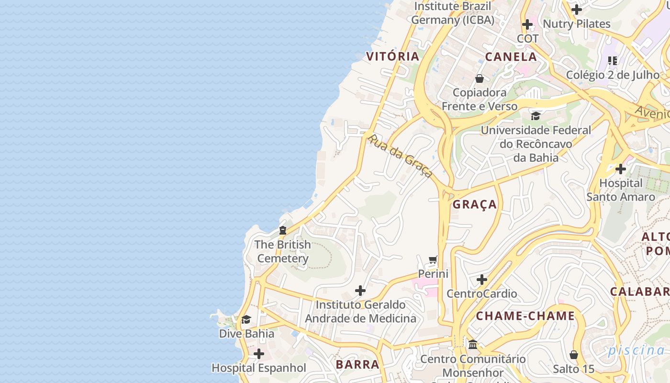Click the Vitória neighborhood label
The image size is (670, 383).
click(392, 56)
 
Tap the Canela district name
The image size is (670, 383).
click(511, 56)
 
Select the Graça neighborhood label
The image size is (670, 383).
click(475, 204)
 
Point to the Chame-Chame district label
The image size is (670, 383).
click(525, 315)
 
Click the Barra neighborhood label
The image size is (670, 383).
click(357, 364)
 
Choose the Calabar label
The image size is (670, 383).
click(639, 292)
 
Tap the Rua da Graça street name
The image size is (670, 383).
click(400, 156)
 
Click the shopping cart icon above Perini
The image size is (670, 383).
click(433, 260)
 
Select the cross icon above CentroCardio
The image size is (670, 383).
click(482, 279)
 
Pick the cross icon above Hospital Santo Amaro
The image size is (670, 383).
click(621, 169)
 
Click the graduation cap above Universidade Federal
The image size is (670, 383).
click(536, 116)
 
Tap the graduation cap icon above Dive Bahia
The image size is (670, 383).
click(246, 319)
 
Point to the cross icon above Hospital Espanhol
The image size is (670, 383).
click(259, 354)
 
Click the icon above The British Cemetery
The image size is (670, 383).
click(283, 230)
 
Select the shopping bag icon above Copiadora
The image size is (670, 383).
click(480, 79)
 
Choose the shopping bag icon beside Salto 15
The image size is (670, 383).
click(574, 355)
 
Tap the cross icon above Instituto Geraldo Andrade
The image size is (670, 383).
click(360, 291)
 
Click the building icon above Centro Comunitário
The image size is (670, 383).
click(473, 344)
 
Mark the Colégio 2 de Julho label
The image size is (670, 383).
click(613, 75)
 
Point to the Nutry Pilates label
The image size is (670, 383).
click(576, 23)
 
